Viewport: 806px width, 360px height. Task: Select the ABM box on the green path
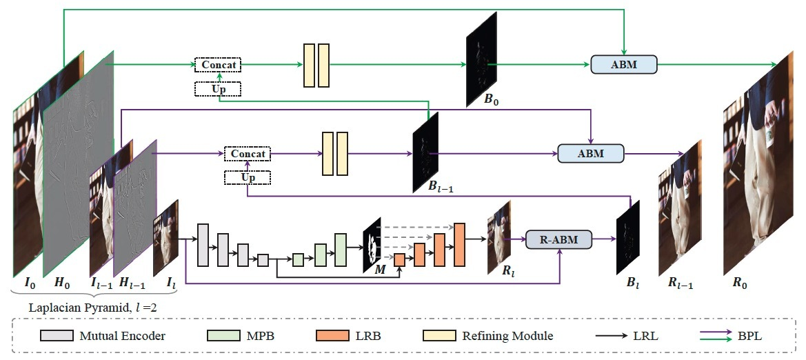624,64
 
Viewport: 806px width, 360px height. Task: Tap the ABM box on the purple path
590,153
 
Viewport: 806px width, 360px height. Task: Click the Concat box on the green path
219,65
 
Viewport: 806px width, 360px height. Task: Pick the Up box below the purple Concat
248,178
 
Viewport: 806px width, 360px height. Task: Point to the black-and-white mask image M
373,243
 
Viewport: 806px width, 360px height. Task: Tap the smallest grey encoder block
263,259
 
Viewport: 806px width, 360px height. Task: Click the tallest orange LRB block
460,244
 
